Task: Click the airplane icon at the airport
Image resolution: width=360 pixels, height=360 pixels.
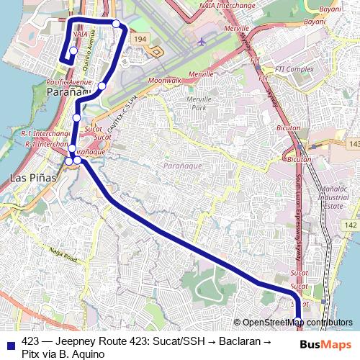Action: pyautogui.click(x=201, y=41)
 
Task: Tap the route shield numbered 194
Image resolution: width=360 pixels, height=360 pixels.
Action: pyautogui.click(x=140, y=38)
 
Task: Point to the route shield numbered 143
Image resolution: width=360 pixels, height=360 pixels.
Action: pyautogui.click(x=353, y=145)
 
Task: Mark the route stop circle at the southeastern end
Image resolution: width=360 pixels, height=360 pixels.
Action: pyautogui.click(x=298, y=322)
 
